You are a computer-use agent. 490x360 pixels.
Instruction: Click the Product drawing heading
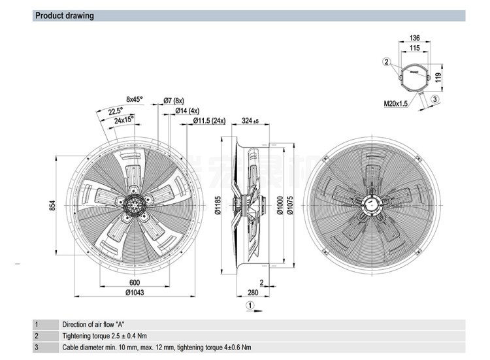pyautogui.click(x=65, y=16)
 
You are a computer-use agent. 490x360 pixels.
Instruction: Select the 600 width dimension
pyautogui.click(x=134, y=282)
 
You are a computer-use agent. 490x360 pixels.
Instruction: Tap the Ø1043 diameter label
pyautogui.click(x=134, y=292)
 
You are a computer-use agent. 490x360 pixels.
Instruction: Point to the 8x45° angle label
pyautogui.click(x=134, y=99)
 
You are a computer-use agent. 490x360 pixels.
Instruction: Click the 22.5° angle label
pyautogui.click(x=116, y=111)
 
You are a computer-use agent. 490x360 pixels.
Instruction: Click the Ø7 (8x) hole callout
pyautogui.click(x=174, y=101)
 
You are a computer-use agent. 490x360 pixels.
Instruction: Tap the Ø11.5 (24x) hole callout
pyautogui.click(x=209, y=121)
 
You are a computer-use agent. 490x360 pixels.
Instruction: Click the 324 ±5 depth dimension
pyautogui.click(x=250, y=122)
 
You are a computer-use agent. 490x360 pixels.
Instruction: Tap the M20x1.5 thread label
pyautogui.click(x=395, y=103)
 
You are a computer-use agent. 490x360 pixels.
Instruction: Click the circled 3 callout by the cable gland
pyautogui.click(x=434, y=99)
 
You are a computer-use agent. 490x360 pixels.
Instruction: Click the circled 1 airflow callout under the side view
pyautogui.click(x=248, y=305)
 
